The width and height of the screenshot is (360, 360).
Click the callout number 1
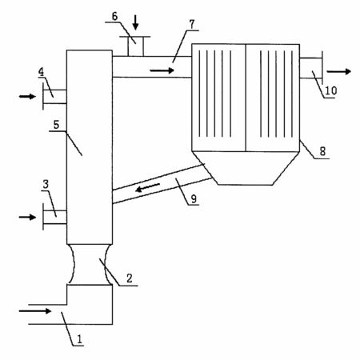(x=79, y=339)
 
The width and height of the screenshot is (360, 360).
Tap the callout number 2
(x=130, y=278)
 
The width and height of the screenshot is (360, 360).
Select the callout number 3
(x=46, y=184)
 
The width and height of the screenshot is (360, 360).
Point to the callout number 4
(x=41, y=72)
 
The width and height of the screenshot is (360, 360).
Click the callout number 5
(x=56, y=125)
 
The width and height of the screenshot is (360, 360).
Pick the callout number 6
(x=114, y=16)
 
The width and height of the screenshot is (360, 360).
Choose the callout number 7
(x=192, y=24)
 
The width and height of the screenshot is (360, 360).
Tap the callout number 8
(x=322, y=151)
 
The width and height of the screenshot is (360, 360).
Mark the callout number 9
(x=194, y=198)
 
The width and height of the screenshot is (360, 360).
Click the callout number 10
(x=330, y=90)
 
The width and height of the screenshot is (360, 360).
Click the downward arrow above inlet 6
(x=136, y=22)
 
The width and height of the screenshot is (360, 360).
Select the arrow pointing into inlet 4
(x=27, y=96)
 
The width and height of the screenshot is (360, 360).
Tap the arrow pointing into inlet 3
(x=27, y=218)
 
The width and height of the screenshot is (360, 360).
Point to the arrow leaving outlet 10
(x=339, y=71)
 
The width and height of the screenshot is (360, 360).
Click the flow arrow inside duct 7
(x=162, y=70)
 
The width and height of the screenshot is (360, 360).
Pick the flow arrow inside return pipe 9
(x=148, y=187)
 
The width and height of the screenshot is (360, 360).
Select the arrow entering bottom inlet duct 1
(x=35, y=311)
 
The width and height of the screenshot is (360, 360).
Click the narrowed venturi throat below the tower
(x=90, y=264)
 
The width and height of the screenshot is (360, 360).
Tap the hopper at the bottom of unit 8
(x=246, y=168)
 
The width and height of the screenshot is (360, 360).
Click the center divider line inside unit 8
(x=246, y=98)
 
